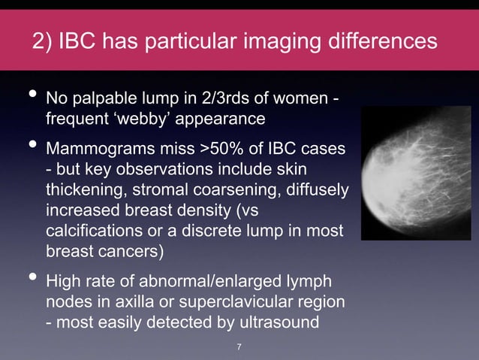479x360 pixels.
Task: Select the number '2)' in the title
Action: pos(44,41)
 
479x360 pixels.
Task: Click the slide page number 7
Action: pos(239,346)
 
